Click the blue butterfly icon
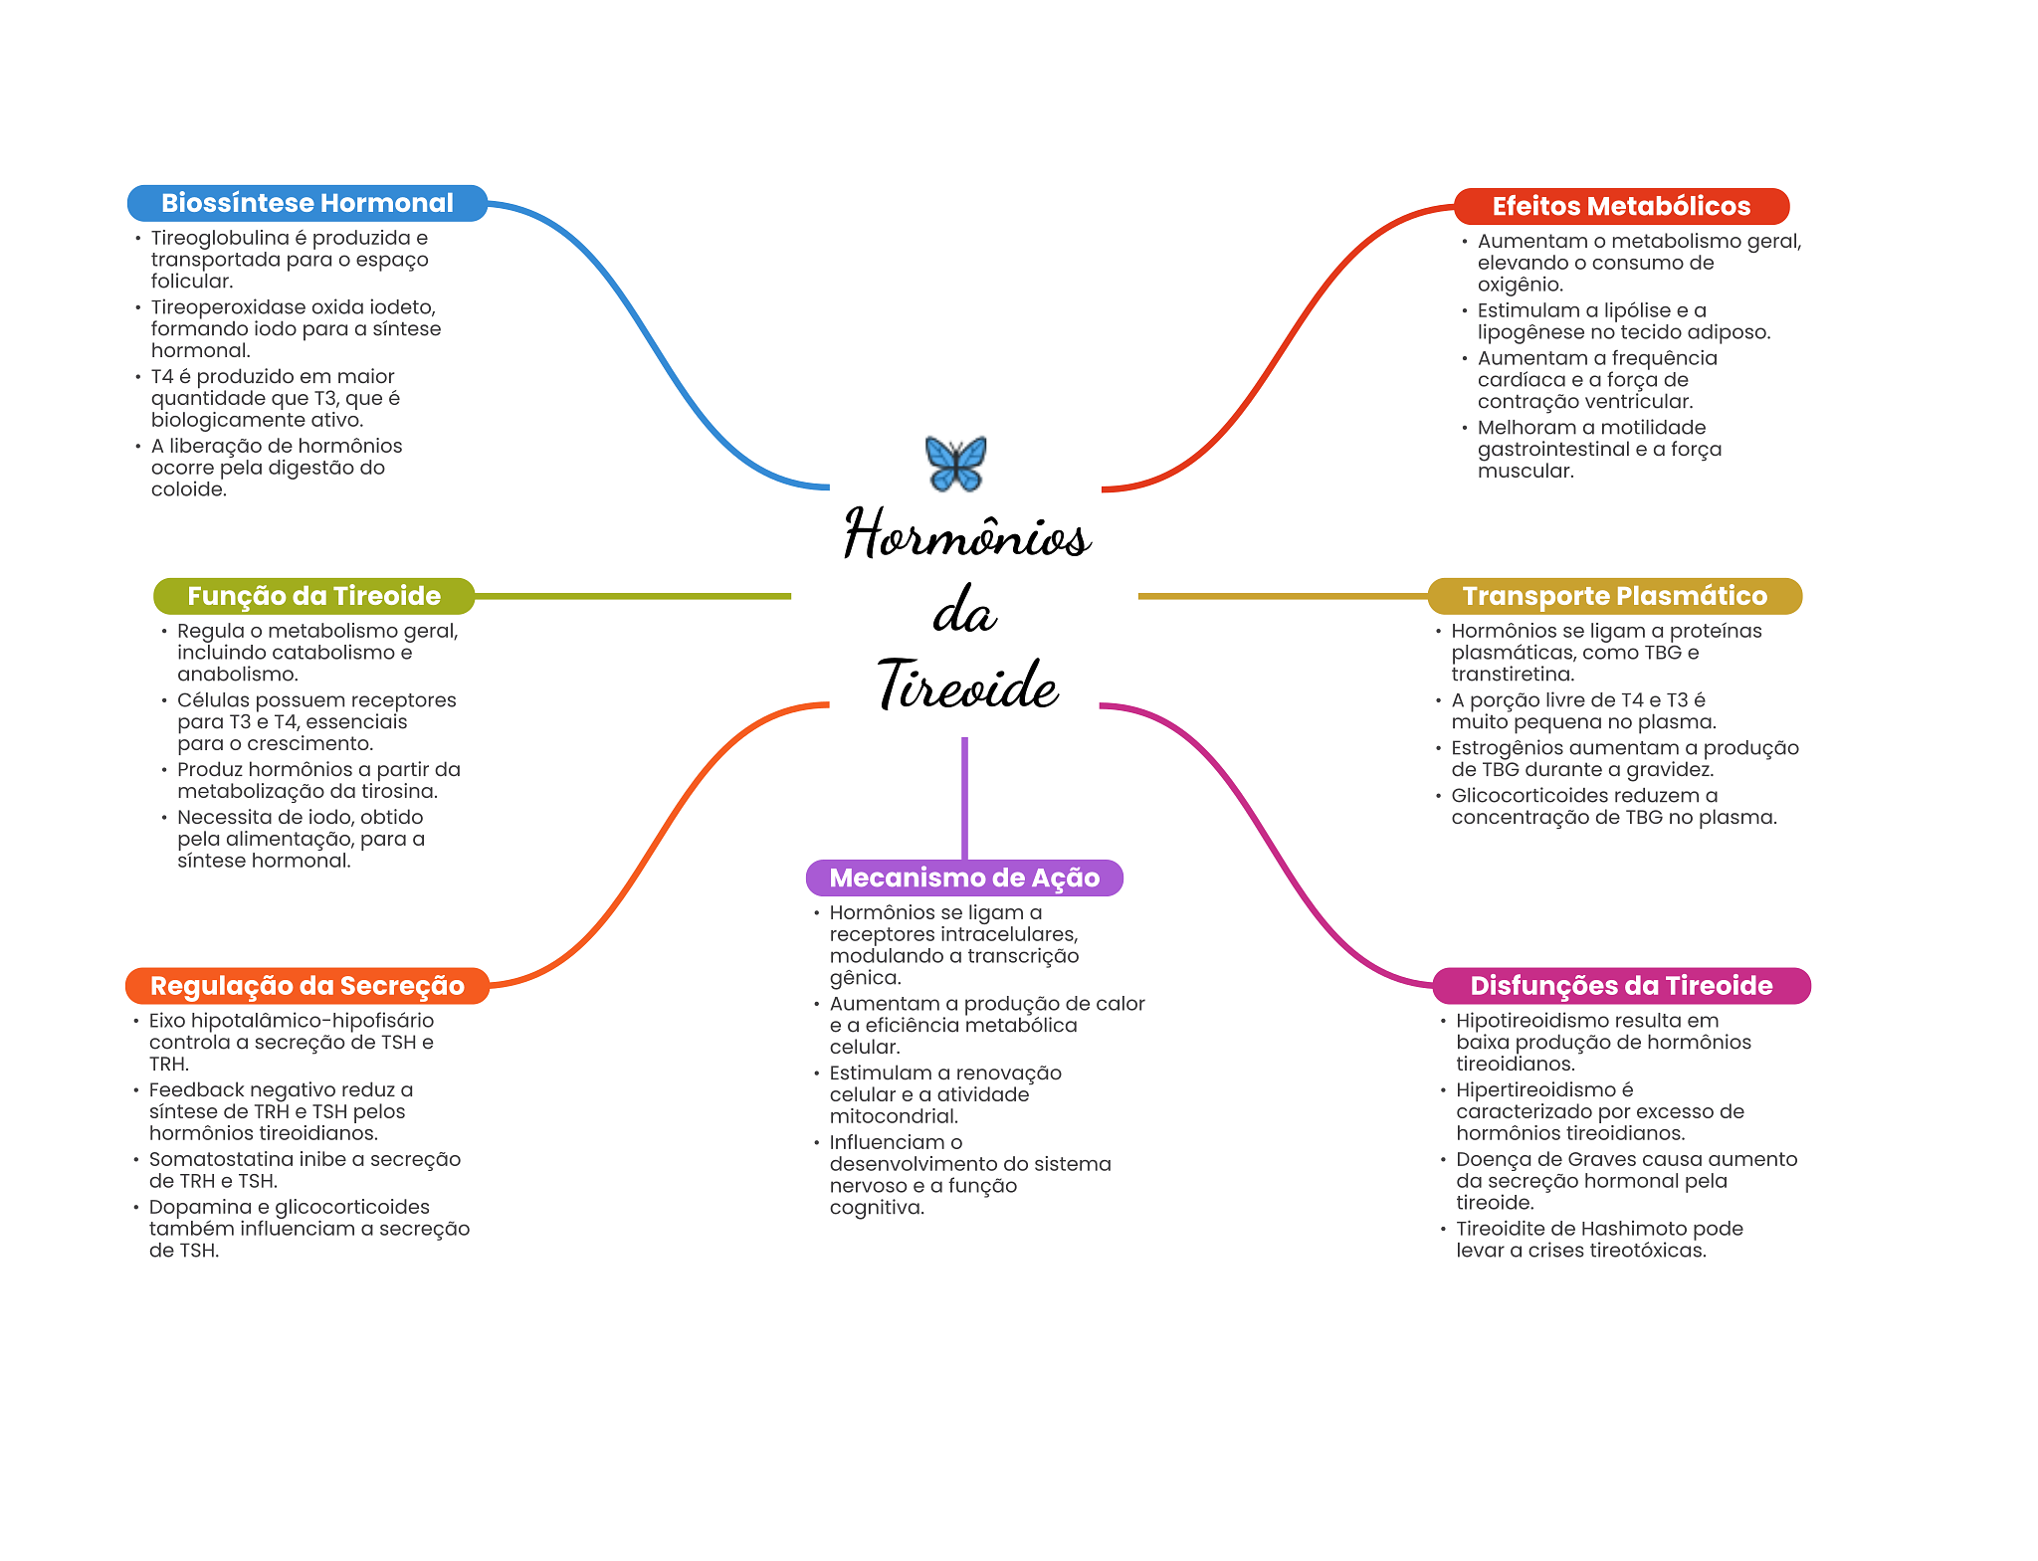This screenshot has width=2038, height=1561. click(955, 464)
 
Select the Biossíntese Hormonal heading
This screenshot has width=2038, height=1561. click(306, 203)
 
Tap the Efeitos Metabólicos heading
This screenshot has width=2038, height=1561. click(1621, 206)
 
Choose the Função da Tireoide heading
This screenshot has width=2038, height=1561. click(313, 596)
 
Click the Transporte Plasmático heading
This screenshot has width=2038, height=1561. click(1614, 596)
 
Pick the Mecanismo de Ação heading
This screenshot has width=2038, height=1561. click(964, 878)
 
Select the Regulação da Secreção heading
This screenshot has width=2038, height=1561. click(306, 986)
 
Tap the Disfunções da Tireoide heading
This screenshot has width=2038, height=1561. click(1621, 986)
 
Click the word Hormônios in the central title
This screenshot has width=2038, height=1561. click(967, 535)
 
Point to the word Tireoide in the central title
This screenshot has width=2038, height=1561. click(967, 685)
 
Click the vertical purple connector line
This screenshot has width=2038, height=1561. click(964, 796)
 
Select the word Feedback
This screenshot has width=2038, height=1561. click(194, 1090)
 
